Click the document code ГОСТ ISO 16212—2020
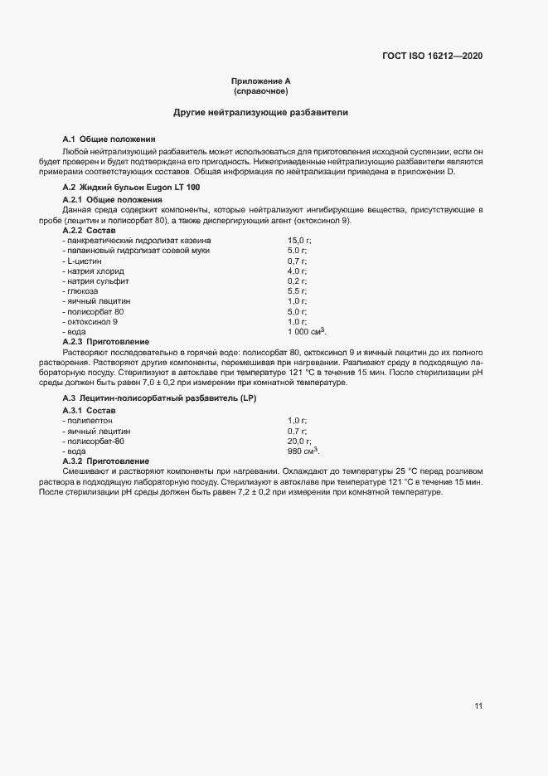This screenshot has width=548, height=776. click(432, 56)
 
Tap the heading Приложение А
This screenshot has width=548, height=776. click(261, 81)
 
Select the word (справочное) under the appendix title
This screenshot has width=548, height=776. click(261, 90)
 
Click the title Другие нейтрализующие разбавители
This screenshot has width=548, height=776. click(261, 111)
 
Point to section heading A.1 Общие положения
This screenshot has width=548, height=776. click(109, 139)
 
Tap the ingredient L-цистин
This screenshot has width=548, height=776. click(82, 261)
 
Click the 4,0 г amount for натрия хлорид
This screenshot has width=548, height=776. click(298, 271)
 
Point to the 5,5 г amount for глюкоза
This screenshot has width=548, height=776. click(298, 290)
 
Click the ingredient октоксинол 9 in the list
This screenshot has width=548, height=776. click(91, 321)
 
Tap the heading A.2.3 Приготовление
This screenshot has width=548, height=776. click(106, 341)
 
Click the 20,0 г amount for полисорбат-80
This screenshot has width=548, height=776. click(299, 441)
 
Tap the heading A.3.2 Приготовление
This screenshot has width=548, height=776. click(106, 461)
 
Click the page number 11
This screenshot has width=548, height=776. click(478, 706)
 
